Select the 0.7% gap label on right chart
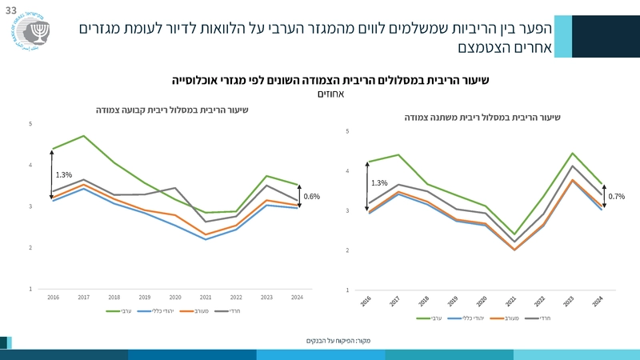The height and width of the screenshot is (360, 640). point(616,196)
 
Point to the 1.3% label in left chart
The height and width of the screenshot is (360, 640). point(64,174)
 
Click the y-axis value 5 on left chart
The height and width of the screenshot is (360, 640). point(30,124)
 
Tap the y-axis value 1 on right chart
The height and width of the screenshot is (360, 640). point(348,290)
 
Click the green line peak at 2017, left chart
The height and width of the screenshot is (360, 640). point(84,136)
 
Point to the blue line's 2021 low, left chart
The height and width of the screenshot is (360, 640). point(206,239)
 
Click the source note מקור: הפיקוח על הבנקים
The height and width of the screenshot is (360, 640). point(344,341)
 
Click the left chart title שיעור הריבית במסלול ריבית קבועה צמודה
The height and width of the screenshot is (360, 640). point(172,110)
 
